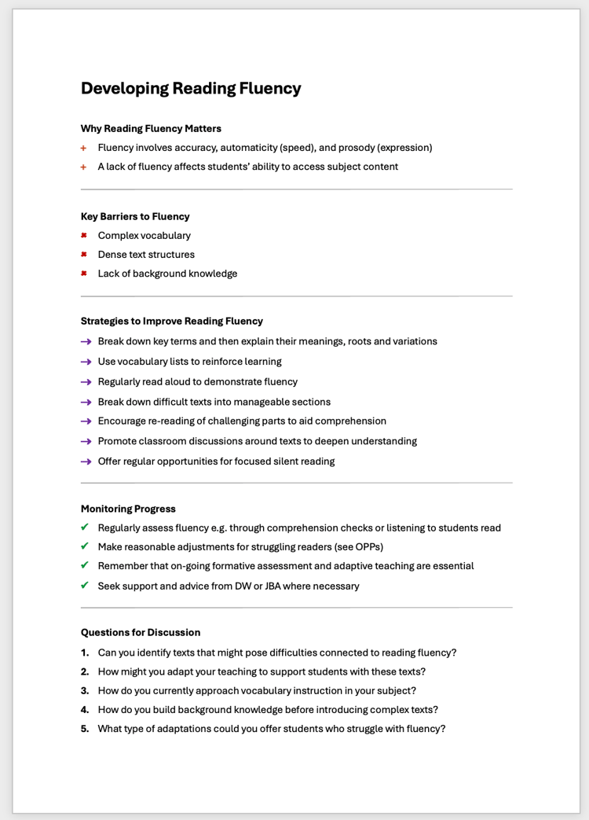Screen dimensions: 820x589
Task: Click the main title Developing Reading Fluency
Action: coord(191,88)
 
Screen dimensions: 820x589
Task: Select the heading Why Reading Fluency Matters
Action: coord(151,128)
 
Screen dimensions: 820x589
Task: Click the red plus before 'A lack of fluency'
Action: coord(83,167)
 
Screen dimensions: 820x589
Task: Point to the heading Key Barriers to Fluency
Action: coord(135,216)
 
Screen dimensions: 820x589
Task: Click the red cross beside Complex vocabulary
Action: coord(83,235)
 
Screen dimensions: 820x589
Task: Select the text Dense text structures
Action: coord(146,255)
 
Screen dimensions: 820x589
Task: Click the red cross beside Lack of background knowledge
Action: coord(83,274)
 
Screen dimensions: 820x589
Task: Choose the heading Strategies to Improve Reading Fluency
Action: coord(171,321)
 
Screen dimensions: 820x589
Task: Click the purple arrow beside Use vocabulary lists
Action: coord(86,362)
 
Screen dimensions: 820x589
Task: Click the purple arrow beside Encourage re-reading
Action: coord(86,421)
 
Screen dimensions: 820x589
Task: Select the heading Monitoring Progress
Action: coord(128,509)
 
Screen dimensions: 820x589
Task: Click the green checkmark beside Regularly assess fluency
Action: coord(84,528)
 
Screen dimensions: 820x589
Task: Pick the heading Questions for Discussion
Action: coord(141,632)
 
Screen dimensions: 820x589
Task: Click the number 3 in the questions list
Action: coord(84,690)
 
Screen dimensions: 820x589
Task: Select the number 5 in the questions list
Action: coord(84,729)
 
